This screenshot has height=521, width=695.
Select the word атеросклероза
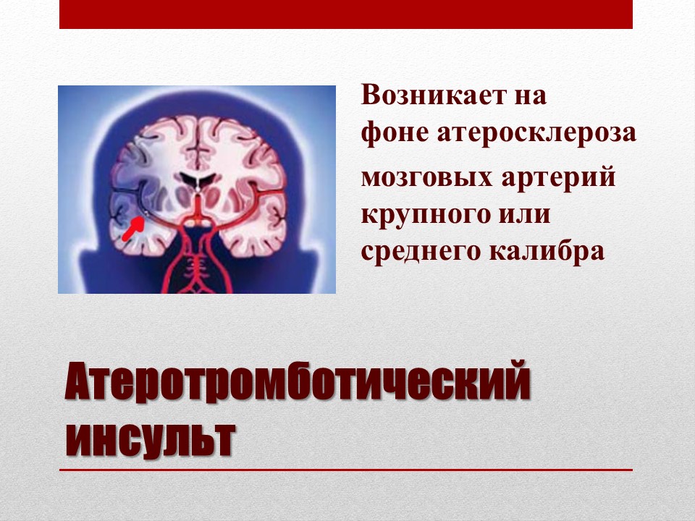click(536, 134)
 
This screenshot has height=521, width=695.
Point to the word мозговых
click(427, 177)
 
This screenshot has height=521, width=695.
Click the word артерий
click(558, 177)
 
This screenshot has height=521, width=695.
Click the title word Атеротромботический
click(298, 381)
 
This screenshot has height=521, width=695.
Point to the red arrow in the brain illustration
click(133, 228)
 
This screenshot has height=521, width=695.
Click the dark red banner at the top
click(346, 14)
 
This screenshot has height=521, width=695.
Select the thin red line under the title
click(346, 470)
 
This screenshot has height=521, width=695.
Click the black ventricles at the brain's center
click(198, 179)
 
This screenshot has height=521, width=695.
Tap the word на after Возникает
click(531, 96)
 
